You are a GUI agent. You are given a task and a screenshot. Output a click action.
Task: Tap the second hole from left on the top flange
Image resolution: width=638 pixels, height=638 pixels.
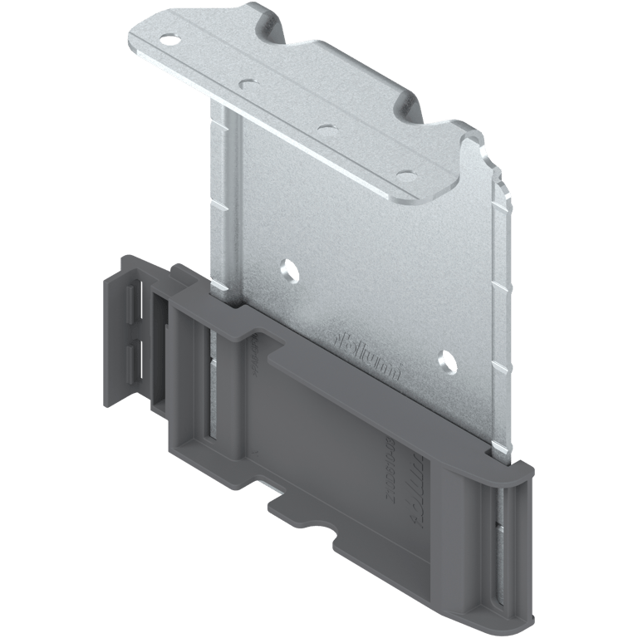247,84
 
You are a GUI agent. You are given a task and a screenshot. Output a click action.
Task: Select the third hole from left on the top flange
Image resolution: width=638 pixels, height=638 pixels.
326,129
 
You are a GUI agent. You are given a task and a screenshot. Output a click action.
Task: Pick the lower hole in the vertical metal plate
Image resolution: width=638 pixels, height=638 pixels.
445,360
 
